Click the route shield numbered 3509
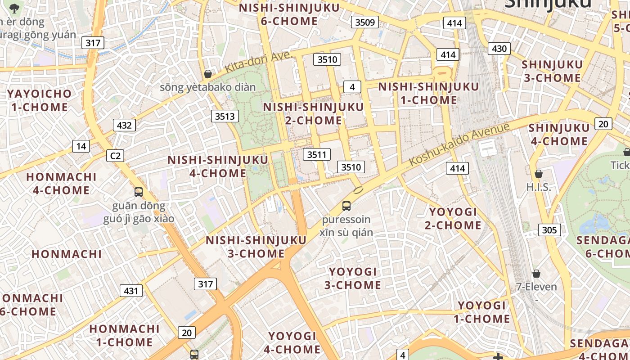pyautogui.click(x=365, y=22)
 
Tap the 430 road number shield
pyautogui.click(x=499, y=49)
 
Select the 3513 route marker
pyautogui.click(x=225, y=116)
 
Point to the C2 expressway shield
pyautogui.click(x=115, y=156)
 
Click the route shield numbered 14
pyautogui.click(x=81, y=146)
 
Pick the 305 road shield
pyautogui.click(x=549, y=230)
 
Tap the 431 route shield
pyautogui.click(x=131, y=291)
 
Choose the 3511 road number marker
pyautogui.click(x=316, y=155)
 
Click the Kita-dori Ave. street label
pyautogui.click(x=258, y=62)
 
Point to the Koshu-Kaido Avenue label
pyautogui.click(x=459, y=144)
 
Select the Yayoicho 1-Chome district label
pyautogui.click(x=40, y=100)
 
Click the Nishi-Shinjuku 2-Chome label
pyautogui.click(x=313, y=113)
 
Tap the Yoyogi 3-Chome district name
pyautogui.click(x=353, y=278)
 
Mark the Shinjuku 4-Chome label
pyautogui.click(x=558, y=134)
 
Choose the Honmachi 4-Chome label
pyautogui.click(x=61, y=183)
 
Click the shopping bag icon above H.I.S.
pyautogui.click(x=538, y=174)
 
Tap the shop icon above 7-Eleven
pyautogui.click(x=536, y=274)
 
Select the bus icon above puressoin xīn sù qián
pyautogui.click(x=346, y=206)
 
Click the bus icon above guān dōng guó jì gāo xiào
pyautogui.click(x=139, y=192)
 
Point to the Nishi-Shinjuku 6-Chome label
pyautogui.click(x=289, y=14)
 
